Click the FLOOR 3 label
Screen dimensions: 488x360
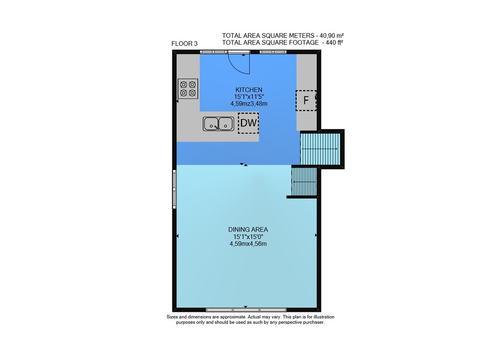point(184,43)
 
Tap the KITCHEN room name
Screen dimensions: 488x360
point(249,90)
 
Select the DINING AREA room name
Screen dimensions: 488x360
point(248,230)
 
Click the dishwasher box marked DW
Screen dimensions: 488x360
point(248,123)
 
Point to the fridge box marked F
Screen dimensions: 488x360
point(306,100)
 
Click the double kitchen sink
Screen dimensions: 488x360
point(219,124)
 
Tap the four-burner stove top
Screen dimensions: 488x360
point(188,89)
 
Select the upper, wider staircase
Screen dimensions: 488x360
point(320,149)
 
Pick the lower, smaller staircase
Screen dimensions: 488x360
point(304,182)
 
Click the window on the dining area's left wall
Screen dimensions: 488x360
point(175,189)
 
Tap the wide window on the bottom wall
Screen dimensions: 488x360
point(246,310)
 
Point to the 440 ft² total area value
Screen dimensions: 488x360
point(334,42)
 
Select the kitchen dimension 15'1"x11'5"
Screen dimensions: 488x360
point(249,97)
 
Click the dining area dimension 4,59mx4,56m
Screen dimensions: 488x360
point(248,244)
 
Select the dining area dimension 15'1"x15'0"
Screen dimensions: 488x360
point(248,237)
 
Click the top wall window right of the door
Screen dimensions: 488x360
point(269,52)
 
